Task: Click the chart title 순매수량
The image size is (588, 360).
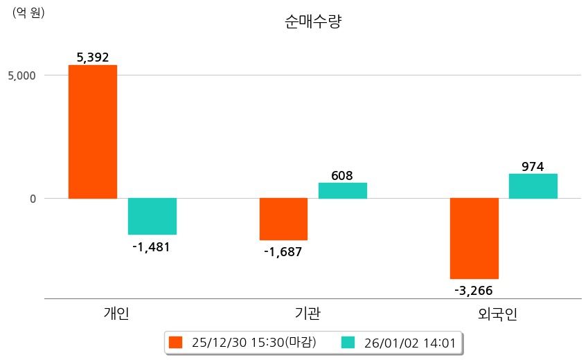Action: pyautogui.click(x=313, y=21)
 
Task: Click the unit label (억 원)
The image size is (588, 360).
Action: pyautogui.click(x=28, y=12)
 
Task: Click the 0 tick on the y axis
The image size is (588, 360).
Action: pyautogui.click(x=31, y=199)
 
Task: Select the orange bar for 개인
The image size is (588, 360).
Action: pyautogui.click(x=93, y=132)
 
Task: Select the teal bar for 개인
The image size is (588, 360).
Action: pyautogui.click(x=152, y=216)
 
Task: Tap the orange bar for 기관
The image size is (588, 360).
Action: pyautogui.click(x=283, y=219)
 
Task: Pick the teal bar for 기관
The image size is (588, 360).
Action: pyautogui.click(x=343, y=190)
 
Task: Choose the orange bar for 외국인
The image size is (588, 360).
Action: pyautogui.click(x=474, y=238)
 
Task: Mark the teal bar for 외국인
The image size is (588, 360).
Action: pyautogui.click(x=533, y=186)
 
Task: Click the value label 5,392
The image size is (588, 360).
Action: pyautogui.click(x=93, y=57)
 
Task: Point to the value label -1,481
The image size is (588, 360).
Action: pyautogui.click(x=151, y=246)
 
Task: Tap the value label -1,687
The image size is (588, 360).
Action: pyautogui.click(x=283, y=252)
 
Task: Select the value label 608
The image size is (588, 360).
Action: pyautogui.click(x=342, y=175)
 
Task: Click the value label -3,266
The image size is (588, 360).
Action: pyautogui.click(x=474, y=290)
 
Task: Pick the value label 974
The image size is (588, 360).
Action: pyautogui.click(x=533, y=166)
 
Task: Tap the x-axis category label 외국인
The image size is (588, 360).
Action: pyautogui.click(x=498, y=314)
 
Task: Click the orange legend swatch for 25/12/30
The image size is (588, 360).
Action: pyautogui.click(x=175, y=342)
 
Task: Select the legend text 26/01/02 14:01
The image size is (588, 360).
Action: pyautogui.click(x=410, y=342)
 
